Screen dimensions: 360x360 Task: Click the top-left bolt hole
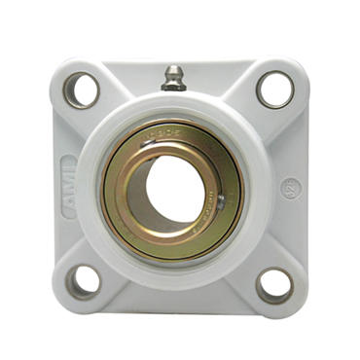tap(82, 90)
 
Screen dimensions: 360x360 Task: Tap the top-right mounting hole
tap(274, 90)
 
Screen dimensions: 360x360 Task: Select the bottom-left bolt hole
tap(84, 282)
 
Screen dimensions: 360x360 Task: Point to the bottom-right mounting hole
tap(274, 284)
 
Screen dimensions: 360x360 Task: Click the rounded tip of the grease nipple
tap(175, 71)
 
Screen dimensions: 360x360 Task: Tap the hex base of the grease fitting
tap(174, 87)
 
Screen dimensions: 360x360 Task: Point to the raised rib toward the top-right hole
tap(244, 119)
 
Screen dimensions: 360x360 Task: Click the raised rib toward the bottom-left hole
tap(110, 256)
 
